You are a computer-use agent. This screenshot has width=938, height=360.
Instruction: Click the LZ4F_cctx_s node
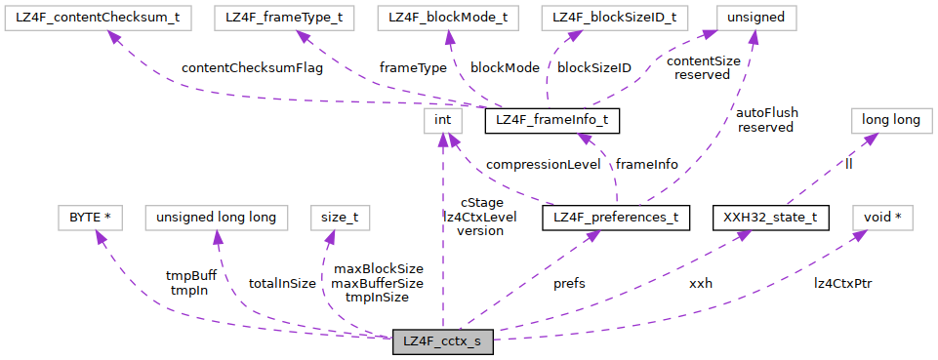(x=442, y=342)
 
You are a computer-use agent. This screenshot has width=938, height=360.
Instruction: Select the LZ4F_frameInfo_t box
(x=551, y=120)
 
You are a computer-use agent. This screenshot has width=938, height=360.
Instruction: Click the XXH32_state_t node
(x=770, y=217)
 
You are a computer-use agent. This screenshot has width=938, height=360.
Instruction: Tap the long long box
(x=885, y=120)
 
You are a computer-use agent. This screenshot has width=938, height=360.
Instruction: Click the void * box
(x=883, y=217)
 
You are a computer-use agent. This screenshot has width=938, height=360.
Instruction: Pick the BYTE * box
(x=91, y=217)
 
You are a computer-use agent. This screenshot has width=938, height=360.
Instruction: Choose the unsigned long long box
(x=217, y=217)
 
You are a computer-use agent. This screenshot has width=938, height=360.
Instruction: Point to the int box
(x=442, y=120)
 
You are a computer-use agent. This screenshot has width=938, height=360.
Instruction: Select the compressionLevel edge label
(x=543, y=164)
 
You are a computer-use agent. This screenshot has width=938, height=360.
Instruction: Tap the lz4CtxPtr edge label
(x=843, y=284)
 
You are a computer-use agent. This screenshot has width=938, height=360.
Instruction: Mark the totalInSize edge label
(x=282, y=284)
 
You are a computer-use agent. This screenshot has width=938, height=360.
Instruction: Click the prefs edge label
(x=569, y=284)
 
